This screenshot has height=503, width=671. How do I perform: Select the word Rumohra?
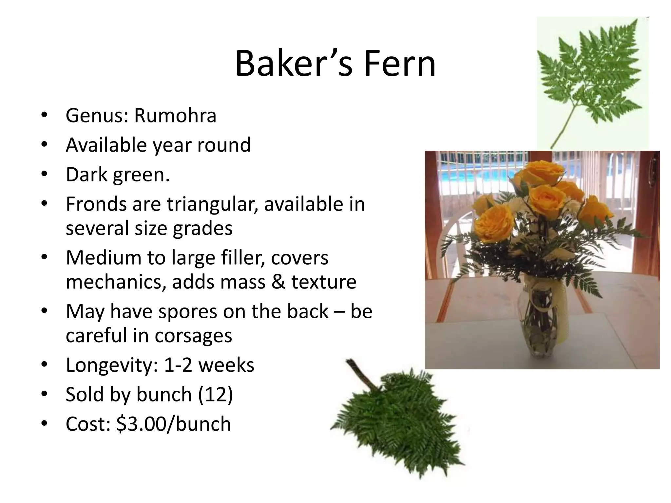click(175, 116)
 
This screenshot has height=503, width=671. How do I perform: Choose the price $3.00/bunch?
click(174, 424)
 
